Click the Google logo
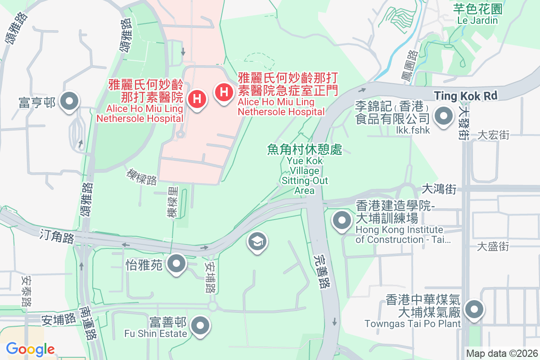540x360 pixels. pos(31,349)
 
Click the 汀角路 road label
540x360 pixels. pos(56,235)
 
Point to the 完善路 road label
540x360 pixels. pos(320,270)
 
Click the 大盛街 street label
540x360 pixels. pos(493,247)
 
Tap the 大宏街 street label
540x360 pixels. pos(493,135)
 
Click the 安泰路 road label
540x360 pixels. pos(26,291)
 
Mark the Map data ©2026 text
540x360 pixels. pos(502,353)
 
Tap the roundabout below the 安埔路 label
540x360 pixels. pos(212,306)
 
